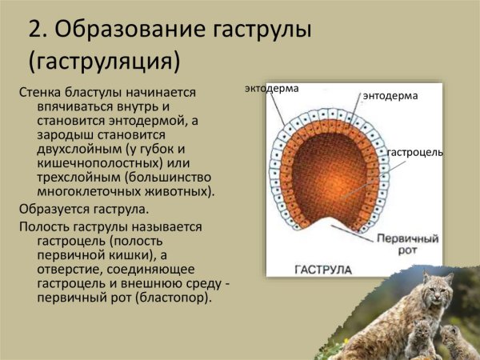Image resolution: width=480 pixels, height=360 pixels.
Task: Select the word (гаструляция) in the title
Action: pyautogui.click(x=104, y=60)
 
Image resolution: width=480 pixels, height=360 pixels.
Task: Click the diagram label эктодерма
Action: pyautogui.click(x=272, y=88)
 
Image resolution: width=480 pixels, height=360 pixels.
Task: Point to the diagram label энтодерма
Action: pyautogui.click(x=390, y=95)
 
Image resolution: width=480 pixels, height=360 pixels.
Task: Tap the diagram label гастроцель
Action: pyautogui.click(x=414, y=152)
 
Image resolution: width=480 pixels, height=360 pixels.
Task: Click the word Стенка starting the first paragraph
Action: pyautogui.click(x=38, y=93)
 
